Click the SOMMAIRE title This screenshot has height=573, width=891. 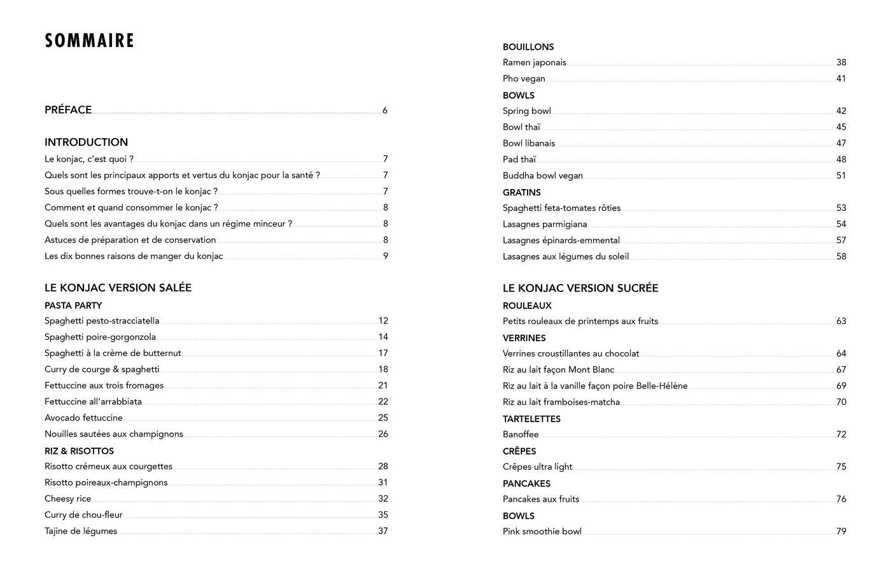click(x=89, y=41)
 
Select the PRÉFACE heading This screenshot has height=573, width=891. click(x=68, y=110)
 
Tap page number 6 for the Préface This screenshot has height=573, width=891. click(x=385, y=110)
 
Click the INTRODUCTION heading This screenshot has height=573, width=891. click(x=86, y=142)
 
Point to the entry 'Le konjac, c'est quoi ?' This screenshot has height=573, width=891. click(x=89, y=159)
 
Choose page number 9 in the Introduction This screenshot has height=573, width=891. click(x=385, y=256)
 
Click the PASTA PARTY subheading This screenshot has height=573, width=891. click(x=73, y=306)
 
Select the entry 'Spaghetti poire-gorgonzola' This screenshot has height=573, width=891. click(x=100, y=337)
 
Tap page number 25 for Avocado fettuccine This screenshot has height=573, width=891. click(x=382, y=418)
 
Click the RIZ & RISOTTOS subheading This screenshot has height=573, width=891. click(x=79, y=451)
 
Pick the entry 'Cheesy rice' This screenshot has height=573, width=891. click(x=67, y=499)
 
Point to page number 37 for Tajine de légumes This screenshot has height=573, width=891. click(x=382, y=531)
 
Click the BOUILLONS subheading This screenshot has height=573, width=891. click(x=528, y=47)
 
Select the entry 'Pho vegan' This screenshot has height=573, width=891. click(x=524, y=78)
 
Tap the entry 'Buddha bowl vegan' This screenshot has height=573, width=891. click(x=542, y=176)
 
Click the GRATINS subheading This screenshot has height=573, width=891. click(x=522, y=192)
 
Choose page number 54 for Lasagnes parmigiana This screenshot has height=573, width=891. click(x=841, y=224)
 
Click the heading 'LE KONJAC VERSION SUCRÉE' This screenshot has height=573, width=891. click(x=580, y=288)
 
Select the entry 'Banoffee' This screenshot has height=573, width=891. click(x=521, y=434)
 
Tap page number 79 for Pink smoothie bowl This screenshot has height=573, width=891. click(x=841, y=531)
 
